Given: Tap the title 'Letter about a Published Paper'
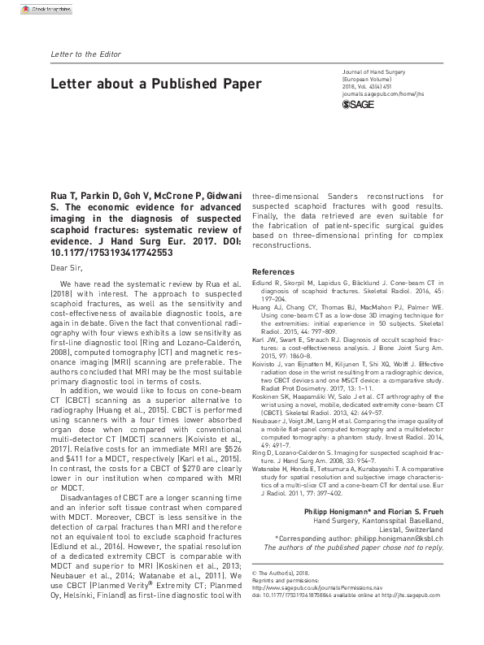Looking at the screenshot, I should [156, 84].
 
